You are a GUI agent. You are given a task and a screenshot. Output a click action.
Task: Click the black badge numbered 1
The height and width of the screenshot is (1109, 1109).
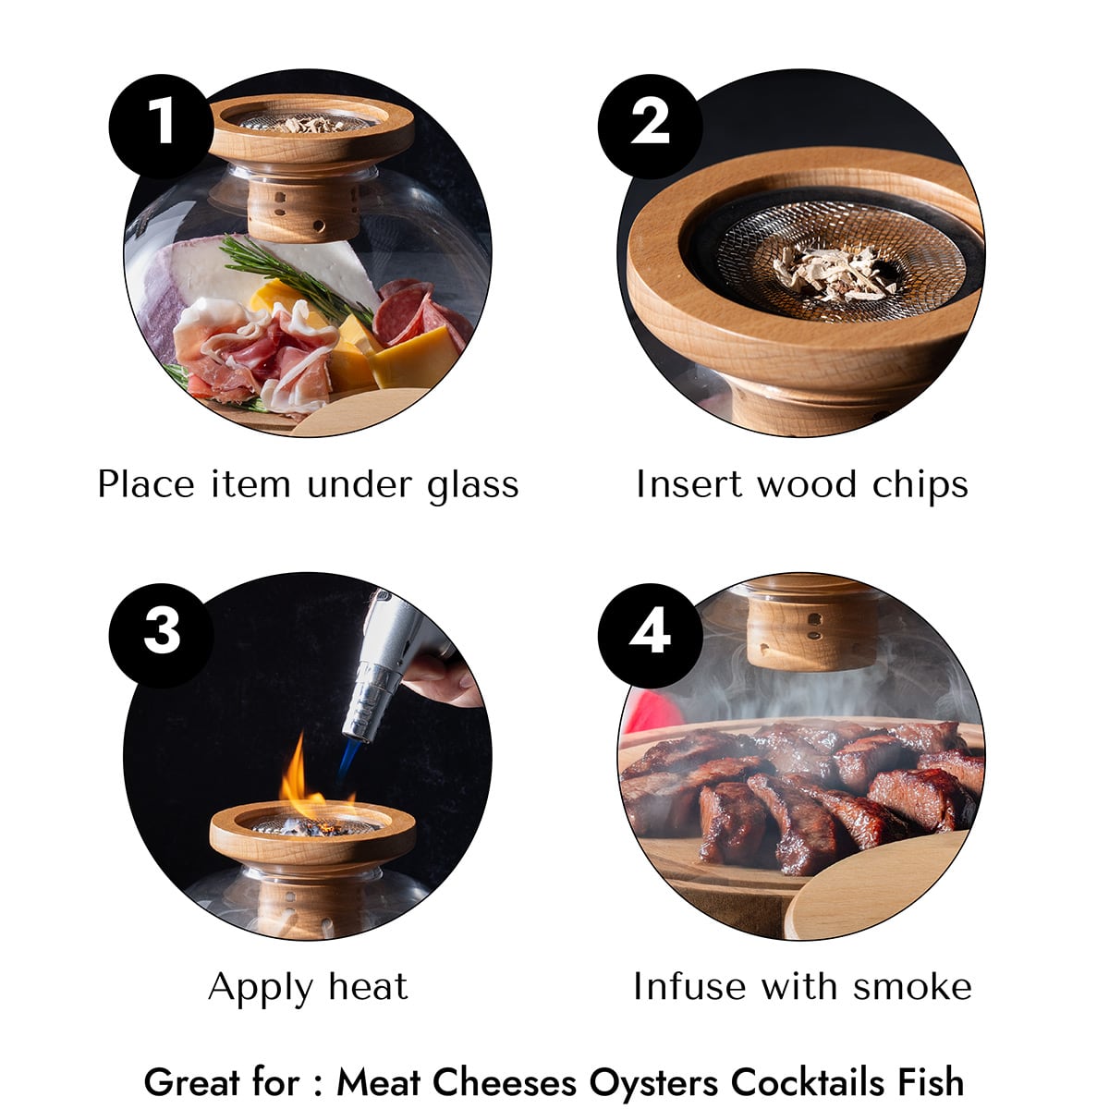(161, 126)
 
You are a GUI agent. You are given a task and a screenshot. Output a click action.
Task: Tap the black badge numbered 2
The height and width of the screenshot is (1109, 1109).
(651, 126)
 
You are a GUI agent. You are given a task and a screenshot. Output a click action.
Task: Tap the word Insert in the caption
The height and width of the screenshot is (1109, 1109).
(689, 484)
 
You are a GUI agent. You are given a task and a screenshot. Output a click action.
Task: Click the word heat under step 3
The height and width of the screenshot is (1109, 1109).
(369, 987)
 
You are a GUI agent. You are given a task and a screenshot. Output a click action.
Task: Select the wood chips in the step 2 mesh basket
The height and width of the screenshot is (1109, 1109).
(835, 273)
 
